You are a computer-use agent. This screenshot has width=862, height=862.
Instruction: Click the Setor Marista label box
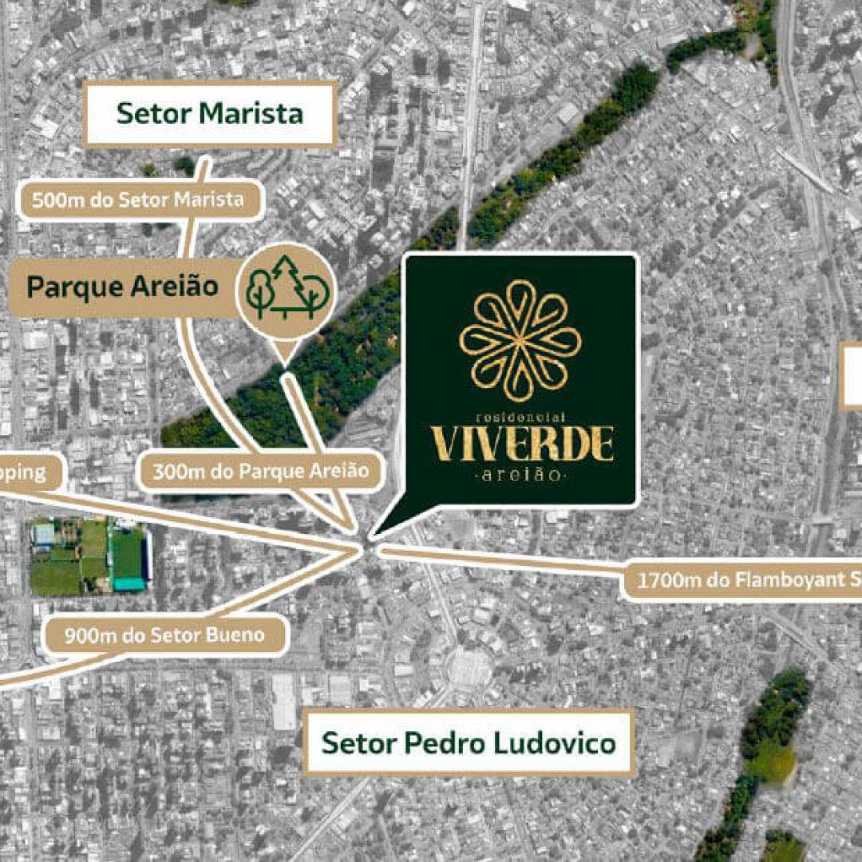tap(210, 114)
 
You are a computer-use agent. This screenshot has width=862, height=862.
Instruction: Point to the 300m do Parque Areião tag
tap(261, 472)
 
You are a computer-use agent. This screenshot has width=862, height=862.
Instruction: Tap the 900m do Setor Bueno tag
tap(164, 636)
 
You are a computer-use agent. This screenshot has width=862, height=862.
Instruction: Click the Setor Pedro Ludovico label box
tap(469, 743)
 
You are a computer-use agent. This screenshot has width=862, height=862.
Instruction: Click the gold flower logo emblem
tap(520, 341)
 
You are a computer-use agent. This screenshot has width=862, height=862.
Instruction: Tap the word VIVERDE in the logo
tap(522, 445)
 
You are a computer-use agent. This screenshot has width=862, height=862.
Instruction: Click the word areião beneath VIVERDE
tap(520, 476)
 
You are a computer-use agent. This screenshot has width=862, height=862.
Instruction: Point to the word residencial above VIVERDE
tap(520, 417)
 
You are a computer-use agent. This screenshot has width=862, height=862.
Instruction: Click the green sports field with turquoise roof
tap(89, 556)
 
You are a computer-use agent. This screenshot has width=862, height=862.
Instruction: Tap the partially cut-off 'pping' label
tap(24, 472)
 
